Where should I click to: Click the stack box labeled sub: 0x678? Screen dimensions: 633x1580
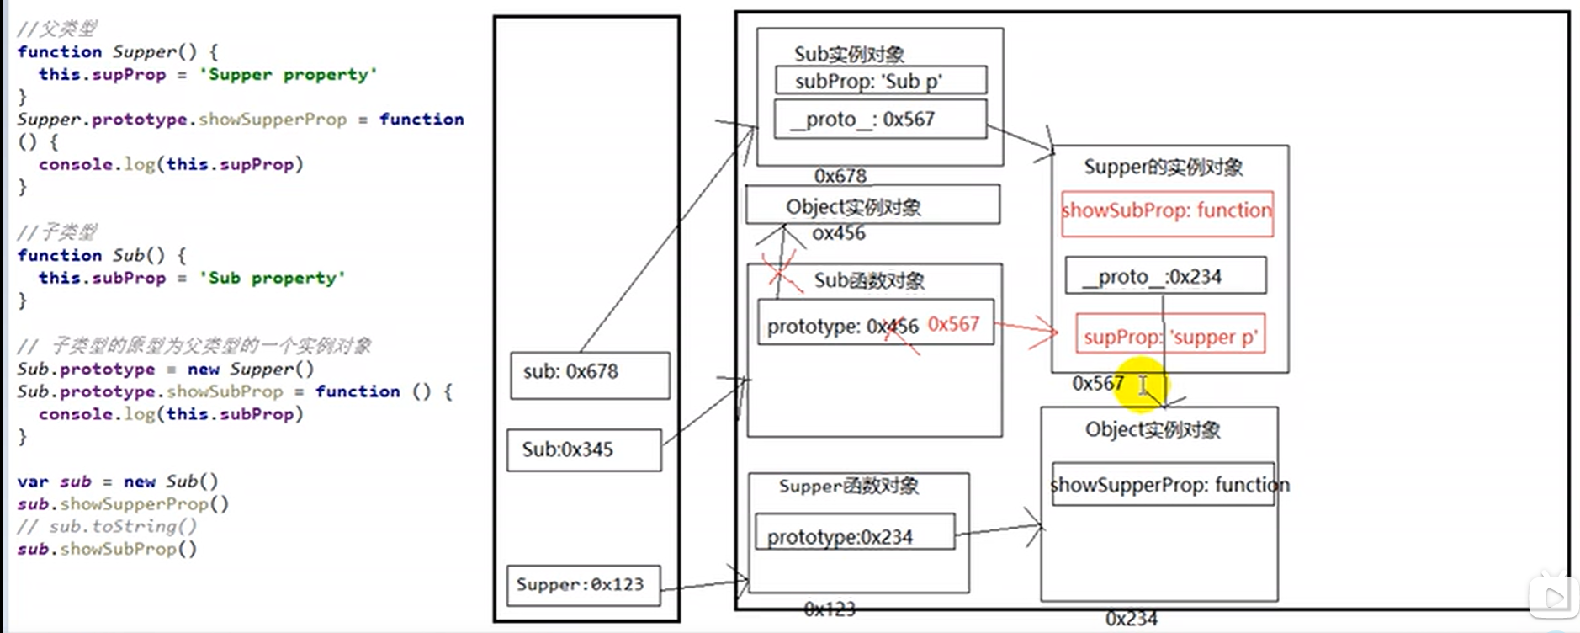pos(590,375)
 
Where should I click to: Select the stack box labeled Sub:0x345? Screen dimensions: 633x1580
pos(584,449)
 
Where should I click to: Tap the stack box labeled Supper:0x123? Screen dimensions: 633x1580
pos(583,585)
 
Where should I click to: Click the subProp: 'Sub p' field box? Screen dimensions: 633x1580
pos(880,81)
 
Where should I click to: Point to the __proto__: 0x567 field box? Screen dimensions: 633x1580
pos(880,120)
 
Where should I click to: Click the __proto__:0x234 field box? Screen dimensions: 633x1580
pos(1165,276)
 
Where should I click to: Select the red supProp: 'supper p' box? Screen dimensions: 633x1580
pos(1170,336)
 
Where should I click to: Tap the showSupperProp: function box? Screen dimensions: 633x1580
pos(1164,484)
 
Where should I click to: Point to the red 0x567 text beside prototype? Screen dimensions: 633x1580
pos(953,324)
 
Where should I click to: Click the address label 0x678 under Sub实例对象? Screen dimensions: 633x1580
pos(840,176)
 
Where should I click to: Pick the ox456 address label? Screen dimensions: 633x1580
pos(838,233)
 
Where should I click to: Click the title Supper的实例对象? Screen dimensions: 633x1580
pos(1163,167)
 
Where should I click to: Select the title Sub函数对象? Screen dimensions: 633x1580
pos(869,280)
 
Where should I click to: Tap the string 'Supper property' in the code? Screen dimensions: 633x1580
pos(288,74)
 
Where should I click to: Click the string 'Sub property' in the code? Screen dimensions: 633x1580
pos(272,278)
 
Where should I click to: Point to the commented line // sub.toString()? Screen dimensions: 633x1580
pos(107,526)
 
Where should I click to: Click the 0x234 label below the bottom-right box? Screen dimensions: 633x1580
pos(1131,619)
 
